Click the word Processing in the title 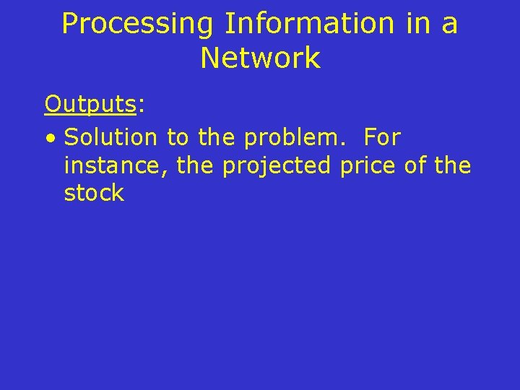point(137,25)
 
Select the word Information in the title point(309,25)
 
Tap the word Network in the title point(260,58)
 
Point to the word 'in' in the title point(418,25)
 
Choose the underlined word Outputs point(90,105)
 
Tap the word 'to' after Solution point(177,136)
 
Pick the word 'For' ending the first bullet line point(382,136)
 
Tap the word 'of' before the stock point(415,165)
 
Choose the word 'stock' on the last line point(94,194)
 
